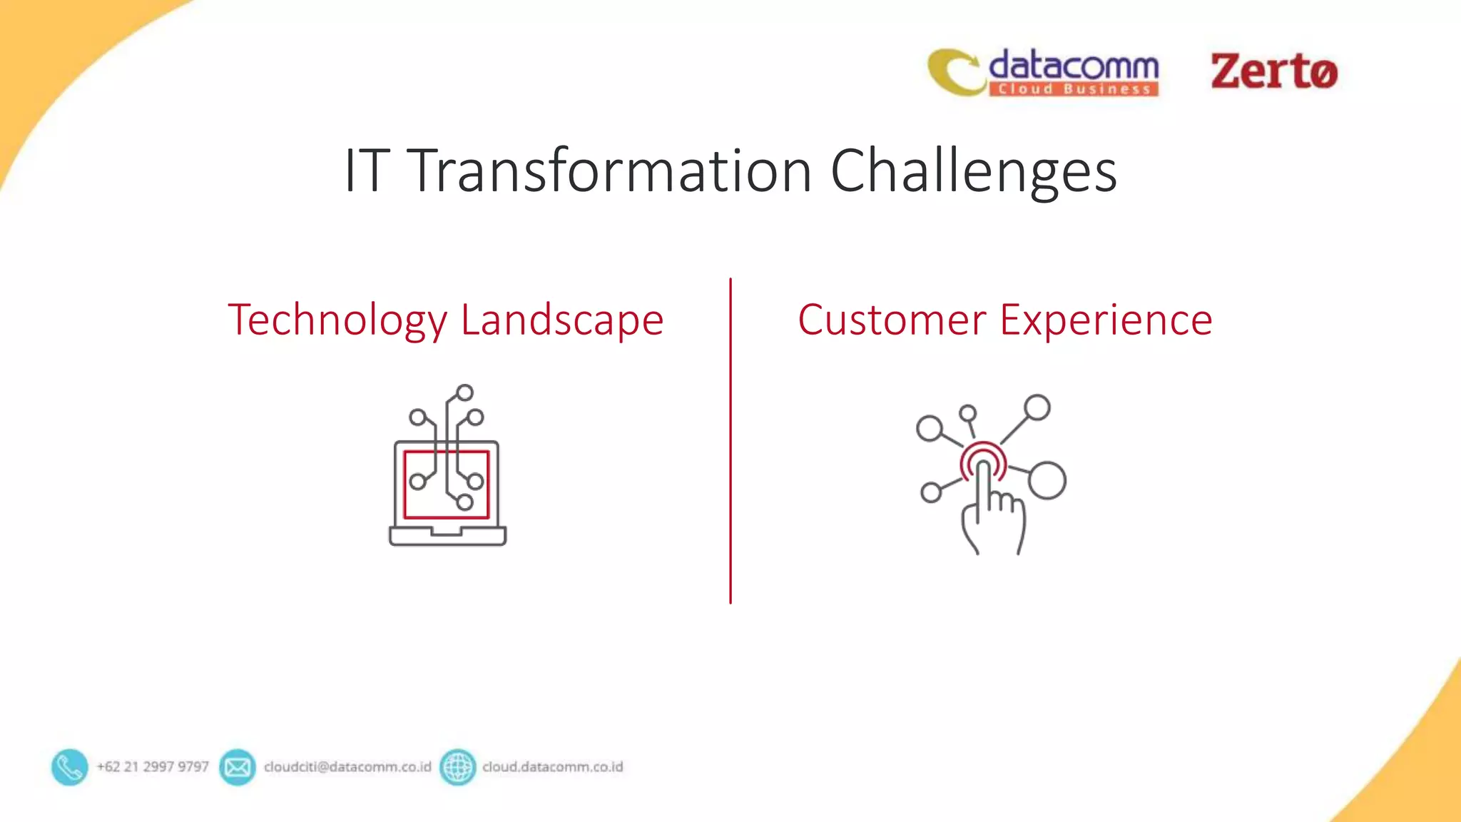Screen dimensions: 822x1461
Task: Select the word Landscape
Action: point(562,320)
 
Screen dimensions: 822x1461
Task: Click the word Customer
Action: point(892,320)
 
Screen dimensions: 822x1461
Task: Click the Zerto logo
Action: point(1273,71)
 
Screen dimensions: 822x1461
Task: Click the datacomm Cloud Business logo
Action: point(1043,72)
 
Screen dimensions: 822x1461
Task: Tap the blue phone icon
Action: point(69,767)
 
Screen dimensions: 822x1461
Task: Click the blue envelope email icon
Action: point(237,767)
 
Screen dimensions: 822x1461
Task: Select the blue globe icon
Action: point(457,767)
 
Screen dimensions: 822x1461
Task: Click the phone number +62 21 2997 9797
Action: point(153,767)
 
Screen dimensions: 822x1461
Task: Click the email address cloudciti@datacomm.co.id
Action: point(347,767)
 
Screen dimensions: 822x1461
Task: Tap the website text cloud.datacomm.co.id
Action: point(552,767)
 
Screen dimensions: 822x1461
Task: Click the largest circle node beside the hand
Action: point(1047,480)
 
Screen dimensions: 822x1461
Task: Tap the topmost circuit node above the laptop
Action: point(464,392)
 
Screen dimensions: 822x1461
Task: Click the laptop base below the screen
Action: point(447,537)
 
